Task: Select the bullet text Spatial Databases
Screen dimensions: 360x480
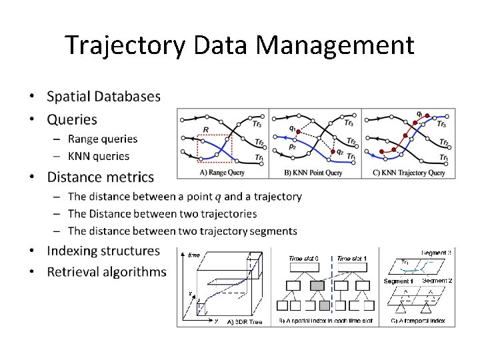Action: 103,96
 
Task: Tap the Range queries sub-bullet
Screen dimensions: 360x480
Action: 102,139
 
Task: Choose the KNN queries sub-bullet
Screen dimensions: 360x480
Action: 98,156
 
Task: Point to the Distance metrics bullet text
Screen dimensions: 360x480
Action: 100,177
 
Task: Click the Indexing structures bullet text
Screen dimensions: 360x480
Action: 103,251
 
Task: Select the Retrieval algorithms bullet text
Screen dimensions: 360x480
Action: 106,271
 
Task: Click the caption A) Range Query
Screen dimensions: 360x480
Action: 222,173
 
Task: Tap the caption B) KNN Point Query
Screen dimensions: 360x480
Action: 314,173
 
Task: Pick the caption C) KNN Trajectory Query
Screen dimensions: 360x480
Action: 408,173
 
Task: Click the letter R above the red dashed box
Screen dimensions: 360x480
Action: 206,129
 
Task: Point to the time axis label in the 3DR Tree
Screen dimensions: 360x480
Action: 194,255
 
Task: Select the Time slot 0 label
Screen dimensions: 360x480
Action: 303,259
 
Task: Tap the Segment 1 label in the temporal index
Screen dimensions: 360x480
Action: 399,281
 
